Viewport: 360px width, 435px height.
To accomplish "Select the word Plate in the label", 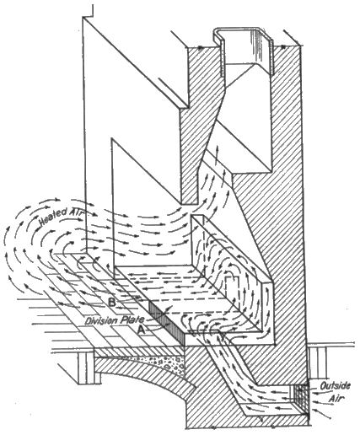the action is click(x=132, y=320).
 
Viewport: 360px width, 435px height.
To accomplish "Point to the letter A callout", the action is click(x=141, y=330).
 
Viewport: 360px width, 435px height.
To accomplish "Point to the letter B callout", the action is click(x=112, y=303).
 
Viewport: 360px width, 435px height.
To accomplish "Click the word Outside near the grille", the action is click(x=336, y=386).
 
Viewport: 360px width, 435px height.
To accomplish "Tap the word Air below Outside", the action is click(x=336, y=398).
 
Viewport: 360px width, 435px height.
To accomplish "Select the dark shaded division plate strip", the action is click(x=167, y=321).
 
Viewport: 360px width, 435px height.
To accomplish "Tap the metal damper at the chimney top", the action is click(x=243, y=51).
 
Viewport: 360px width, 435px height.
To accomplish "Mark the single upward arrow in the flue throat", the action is click(x=216, y=155).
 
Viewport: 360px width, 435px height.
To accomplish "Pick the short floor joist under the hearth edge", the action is click(x=86, y=368).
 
